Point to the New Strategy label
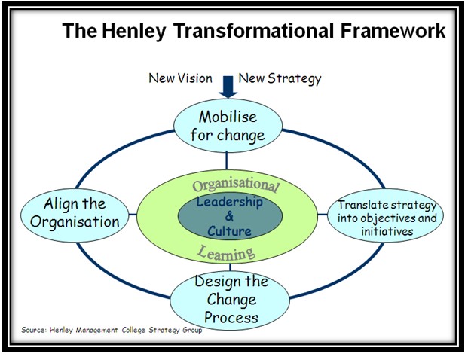pyautogui.click(x=280, y=78)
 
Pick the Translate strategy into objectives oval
pyautogui.click(x=385, y=217)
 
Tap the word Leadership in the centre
pyautogui.click(x=230, y=202)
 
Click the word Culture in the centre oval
pyautogui.click(x=230, y=231)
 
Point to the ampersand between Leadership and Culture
pyautogui.click(x=230, y=217)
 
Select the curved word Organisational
pyautogui.click(x=235, y=184)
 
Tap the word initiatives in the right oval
pyautogui.click(x=386, y=232)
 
